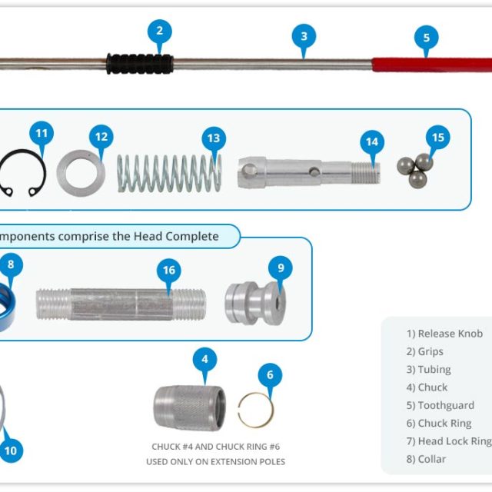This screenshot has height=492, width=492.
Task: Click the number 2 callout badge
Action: click(x=159, y=32)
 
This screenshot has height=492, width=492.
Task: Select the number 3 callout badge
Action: click(x=304, y=36)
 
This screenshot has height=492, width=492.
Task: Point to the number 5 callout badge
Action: click(x=426, y=37)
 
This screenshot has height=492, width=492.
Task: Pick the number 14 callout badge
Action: click(x=372, y=142)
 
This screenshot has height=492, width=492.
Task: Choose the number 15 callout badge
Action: click(x=437, y=138)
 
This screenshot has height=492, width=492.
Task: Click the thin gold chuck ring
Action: click(x=255, y=410)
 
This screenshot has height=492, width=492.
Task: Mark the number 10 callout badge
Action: click(x=11, y=450)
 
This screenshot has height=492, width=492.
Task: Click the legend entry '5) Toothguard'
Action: click(x=440, y=405)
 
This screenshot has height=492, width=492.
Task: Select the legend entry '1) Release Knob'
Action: click(x=444, y=334)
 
